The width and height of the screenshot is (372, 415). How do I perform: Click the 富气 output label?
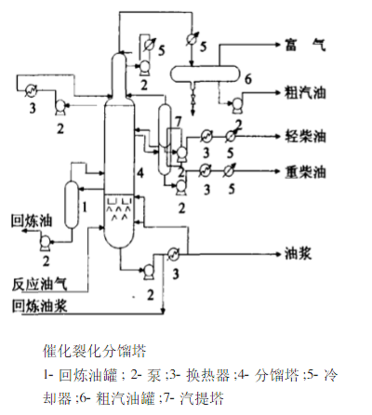[x=306, y=46]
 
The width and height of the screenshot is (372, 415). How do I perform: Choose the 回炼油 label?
[x=31, y=220]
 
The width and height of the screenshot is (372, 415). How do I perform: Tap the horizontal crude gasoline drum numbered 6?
[x=205, y=73]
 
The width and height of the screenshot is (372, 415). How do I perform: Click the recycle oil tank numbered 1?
[x=71, y=205]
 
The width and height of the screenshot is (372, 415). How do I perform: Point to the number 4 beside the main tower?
[x=140, y=174]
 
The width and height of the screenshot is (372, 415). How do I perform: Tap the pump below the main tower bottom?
[x=149, y=270]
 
